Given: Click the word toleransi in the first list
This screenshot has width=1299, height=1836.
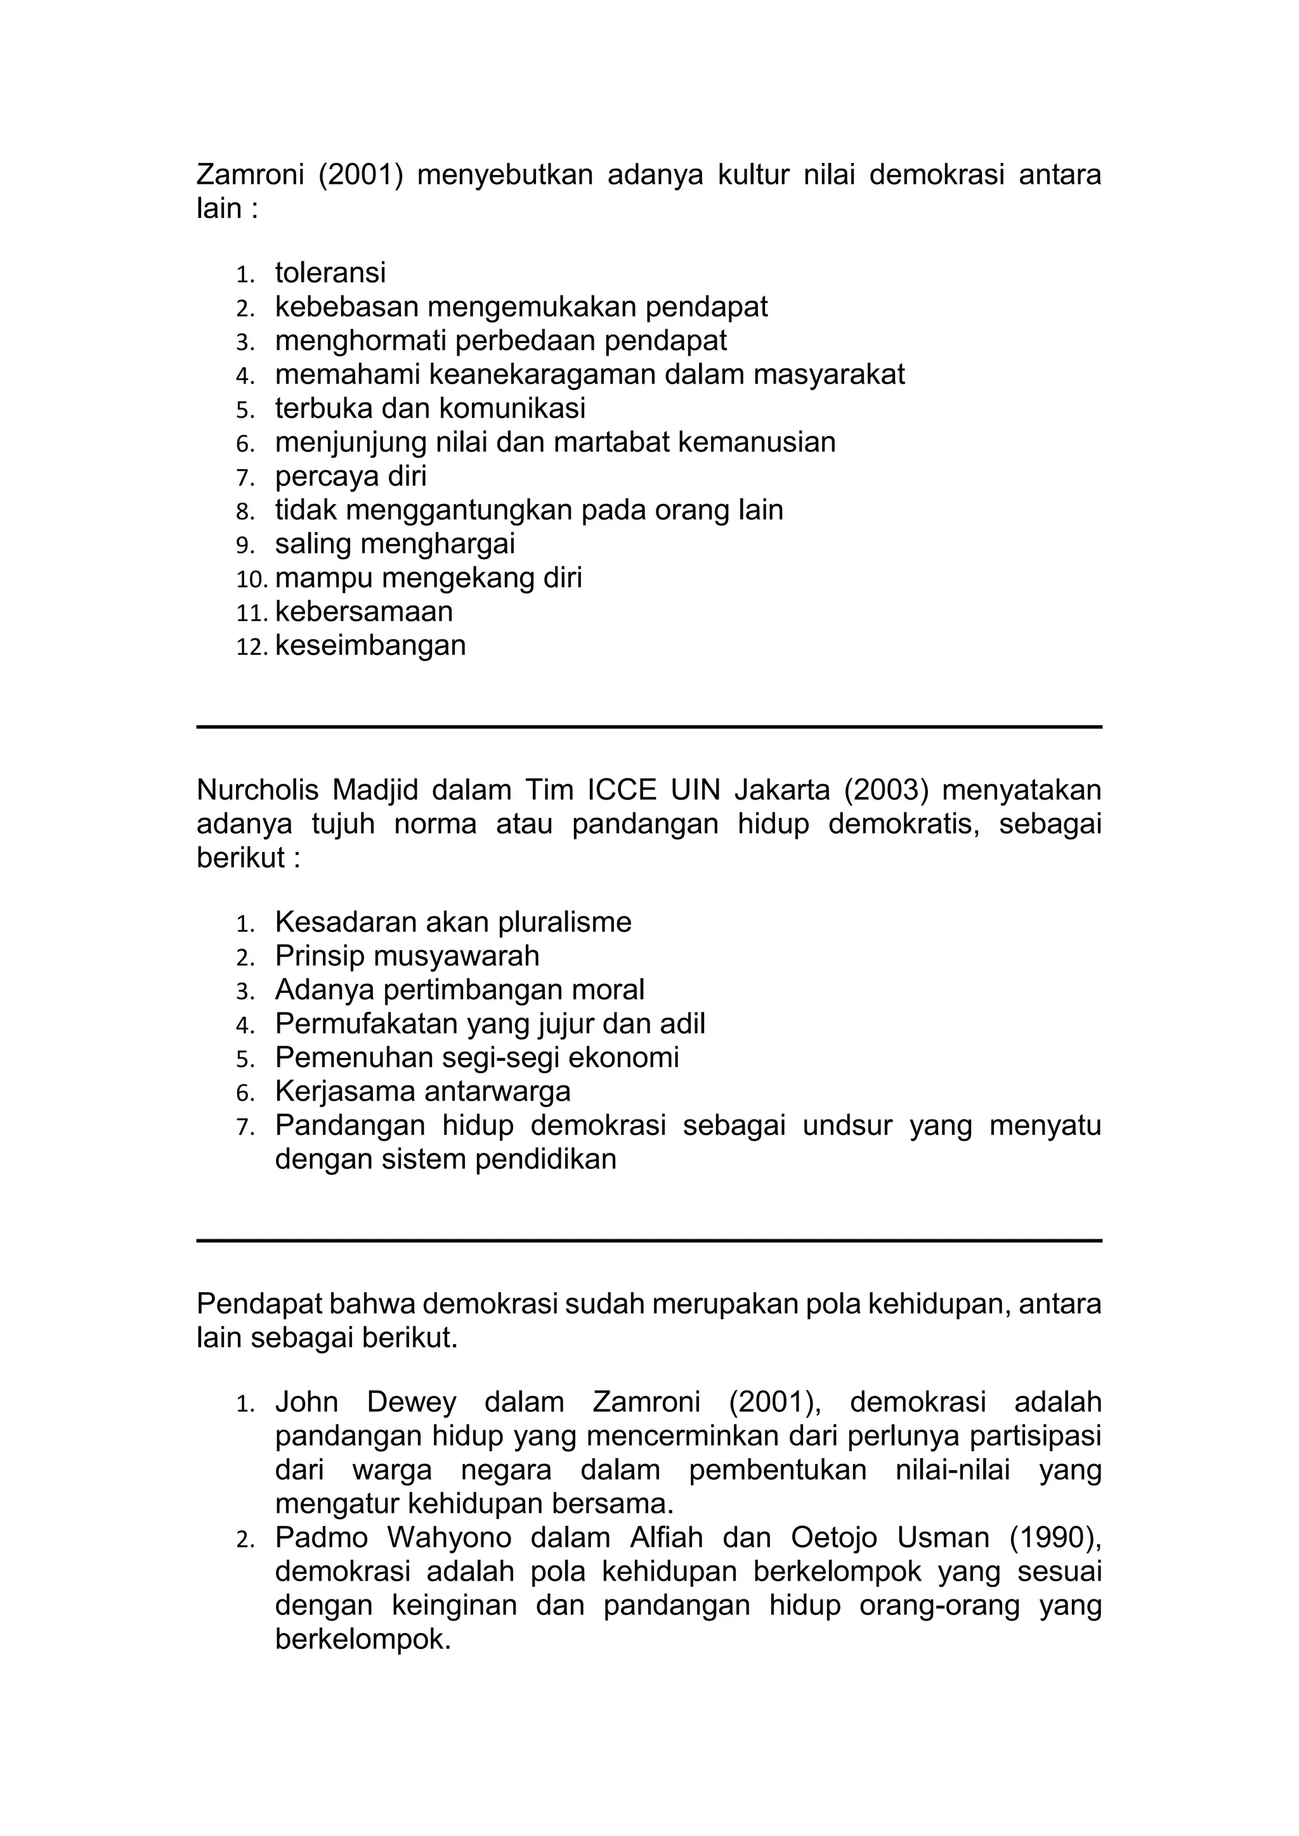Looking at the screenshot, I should coord(330,273).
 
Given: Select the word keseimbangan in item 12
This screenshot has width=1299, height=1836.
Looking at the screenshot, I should coord(370,645).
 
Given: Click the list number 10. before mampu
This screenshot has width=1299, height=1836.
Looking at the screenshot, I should coord(253,578).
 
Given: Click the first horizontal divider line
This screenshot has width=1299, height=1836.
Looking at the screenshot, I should coord(649,727).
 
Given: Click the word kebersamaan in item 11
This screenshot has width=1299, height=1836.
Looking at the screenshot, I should coord(364,612).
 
